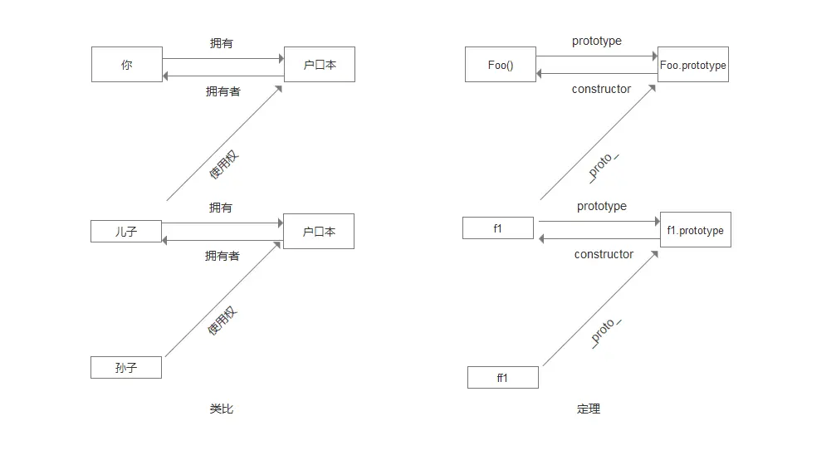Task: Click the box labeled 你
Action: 127,64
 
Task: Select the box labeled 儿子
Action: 126,231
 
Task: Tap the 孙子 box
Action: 126,367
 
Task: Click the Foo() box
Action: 501,65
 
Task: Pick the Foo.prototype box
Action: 693,65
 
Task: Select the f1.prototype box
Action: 695,230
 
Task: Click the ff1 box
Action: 502,377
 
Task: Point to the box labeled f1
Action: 498,228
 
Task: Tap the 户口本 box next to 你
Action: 320,64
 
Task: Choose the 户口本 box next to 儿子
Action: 319,231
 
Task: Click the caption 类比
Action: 221,409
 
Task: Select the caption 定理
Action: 588,409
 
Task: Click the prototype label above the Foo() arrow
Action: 596,41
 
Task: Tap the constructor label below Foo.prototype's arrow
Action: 601,89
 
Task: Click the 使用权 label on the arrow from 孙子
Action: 222,321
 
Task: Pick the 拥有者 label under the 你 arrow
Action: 222,91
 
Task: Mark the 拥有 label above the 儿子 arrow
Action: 221,208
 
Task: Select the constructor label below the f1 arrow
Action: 604,254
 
